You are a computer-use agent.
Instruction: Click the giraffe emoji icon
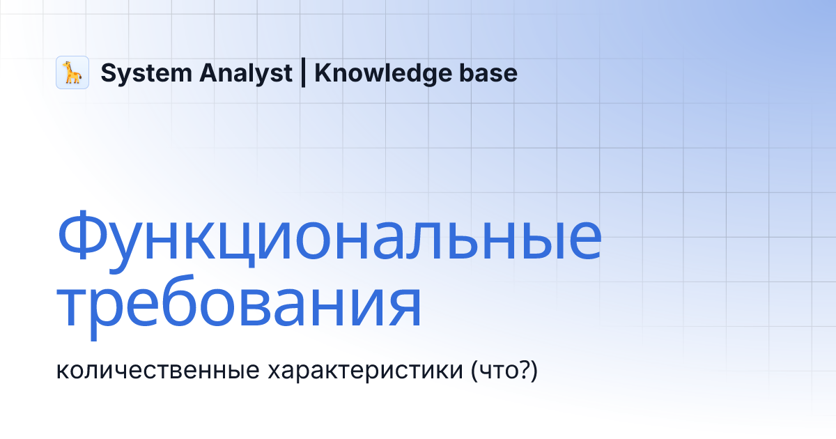(72, 72)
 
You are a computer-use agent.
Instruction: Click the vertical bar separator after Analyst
(304, 72)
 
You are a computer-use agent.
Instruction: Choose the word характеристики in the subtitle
(363, 371)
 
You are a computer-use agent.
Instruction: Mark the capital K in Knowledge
(323, 72)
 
